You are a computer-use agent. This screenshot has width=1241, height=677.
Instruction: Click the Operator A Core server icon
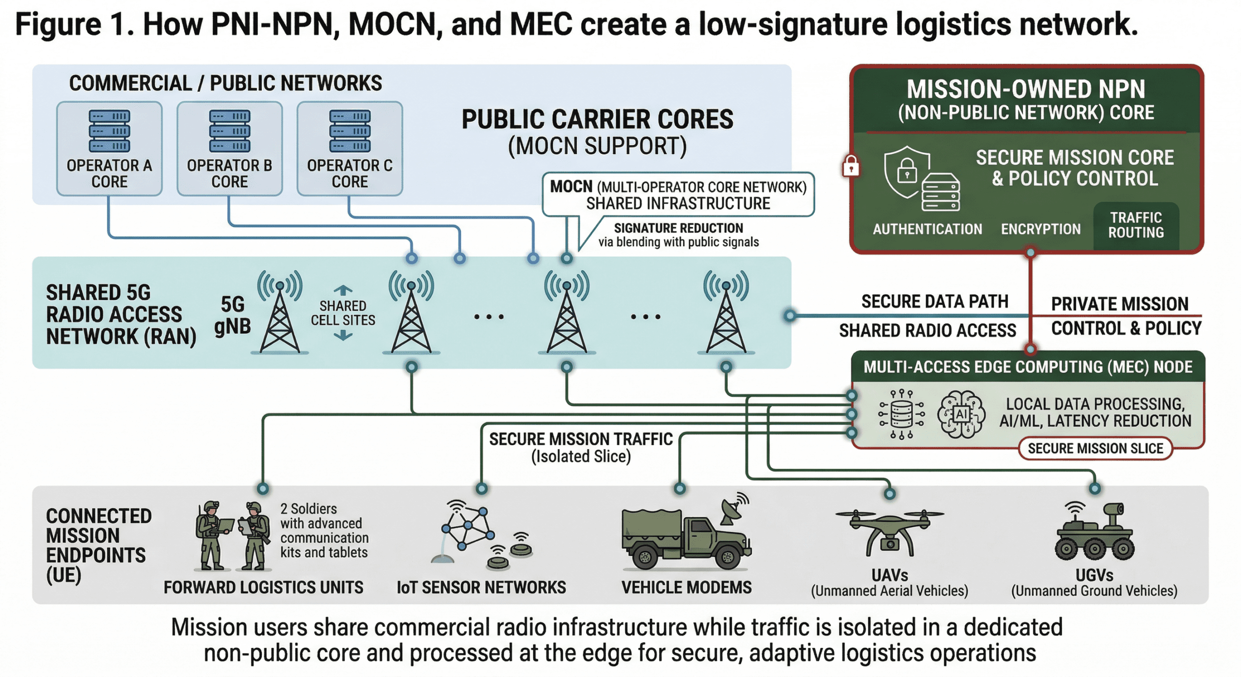tap(109, 131)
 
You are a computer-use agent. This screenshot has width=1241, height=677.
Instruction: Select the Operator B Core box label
tap(229, 174)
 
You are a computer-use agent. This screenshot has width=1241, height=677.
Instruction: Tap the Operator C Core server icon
tap(350, 131)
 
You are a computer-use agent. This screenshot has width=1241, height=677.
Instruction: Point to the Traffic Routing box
tap(1136, 225)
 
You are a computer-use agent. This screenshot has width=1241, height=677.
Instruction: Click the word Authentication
tap(927, 229)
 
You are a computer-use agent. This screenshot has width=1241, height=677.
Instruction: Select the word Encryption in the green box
tap(1041, 229)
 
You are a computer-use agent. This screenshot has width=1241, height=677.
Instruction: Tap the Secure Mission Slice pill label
tap(1095, 448)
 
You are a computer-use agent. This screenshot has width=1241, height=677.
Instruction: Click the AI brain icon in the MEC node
tap(961, 414)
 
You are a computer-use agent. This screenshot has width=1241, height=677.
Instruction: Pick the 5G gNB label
tap(233, 315)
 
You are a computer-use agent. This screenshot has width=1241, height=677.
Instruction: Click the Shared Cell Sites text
tap(343, 313)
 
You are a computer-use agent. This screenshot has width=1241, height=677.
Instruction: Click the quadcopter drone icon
tap(890, 531)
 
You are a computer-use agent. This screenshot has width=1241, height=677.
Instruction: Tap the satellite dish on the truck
tap(733, 509)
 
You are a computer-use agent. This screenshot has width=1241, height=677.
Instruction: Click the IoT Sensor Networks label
tap(481, 587)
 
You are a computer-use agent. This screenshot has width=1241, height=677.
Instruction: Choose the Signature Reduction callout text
tap(678, 235)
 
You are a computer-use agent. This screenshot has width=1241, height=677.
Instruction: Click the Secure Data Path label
tap(935, 301)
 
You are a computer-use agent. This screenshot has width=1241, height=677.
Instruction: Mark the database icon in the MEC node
tap(902, 414)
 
